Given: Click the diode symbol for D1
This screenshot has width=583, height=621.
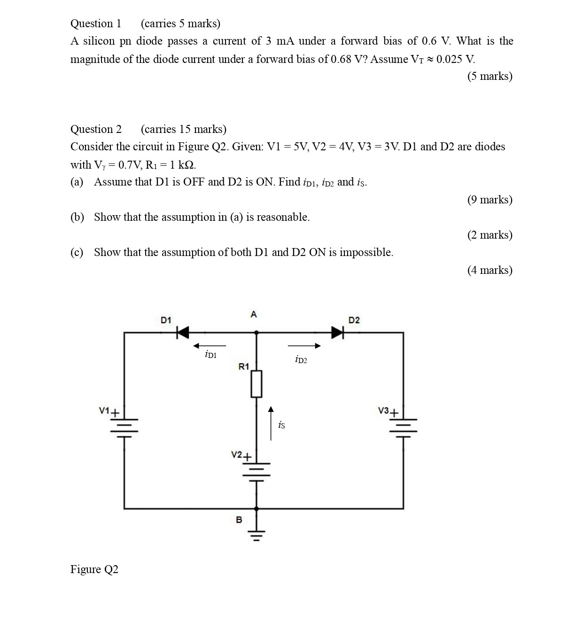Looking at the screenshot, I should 183,333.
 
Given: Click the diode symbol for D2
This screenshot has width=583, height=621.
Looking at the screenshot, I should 338,333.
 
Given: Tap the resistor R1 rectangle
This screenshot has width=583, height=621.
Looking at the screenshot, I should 256,384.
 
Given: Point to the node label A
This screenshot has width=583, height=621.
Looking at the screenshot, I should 254,314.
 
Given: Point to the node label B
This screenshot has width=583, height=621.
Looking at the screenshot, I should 239,520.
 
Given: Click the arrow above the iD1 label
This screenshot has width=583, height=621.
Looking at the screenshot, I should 210,346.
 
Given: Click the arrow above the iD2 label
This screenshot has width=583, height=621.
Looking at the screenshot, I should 304,346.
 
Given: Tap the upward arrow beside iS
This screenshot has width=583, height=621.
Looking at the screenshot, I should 271,423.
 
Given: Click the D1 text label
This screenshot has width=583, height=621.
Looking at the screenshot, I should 166,320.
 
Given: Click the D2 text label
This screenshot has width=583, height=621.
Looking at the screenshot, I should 354,320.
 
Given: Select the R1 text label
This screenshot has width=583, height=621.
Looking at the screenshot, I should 243,366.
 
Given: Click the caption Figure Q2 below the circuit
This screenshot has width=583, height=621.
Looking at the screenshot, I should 94,569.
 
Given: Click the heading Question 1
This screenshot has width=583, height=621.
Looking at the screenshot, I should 96,23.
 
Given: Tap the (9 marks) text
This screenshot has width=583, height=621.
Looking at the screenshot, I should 490,200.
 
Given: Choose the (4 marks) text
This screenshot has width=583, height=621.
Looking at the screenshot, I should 490,270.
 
